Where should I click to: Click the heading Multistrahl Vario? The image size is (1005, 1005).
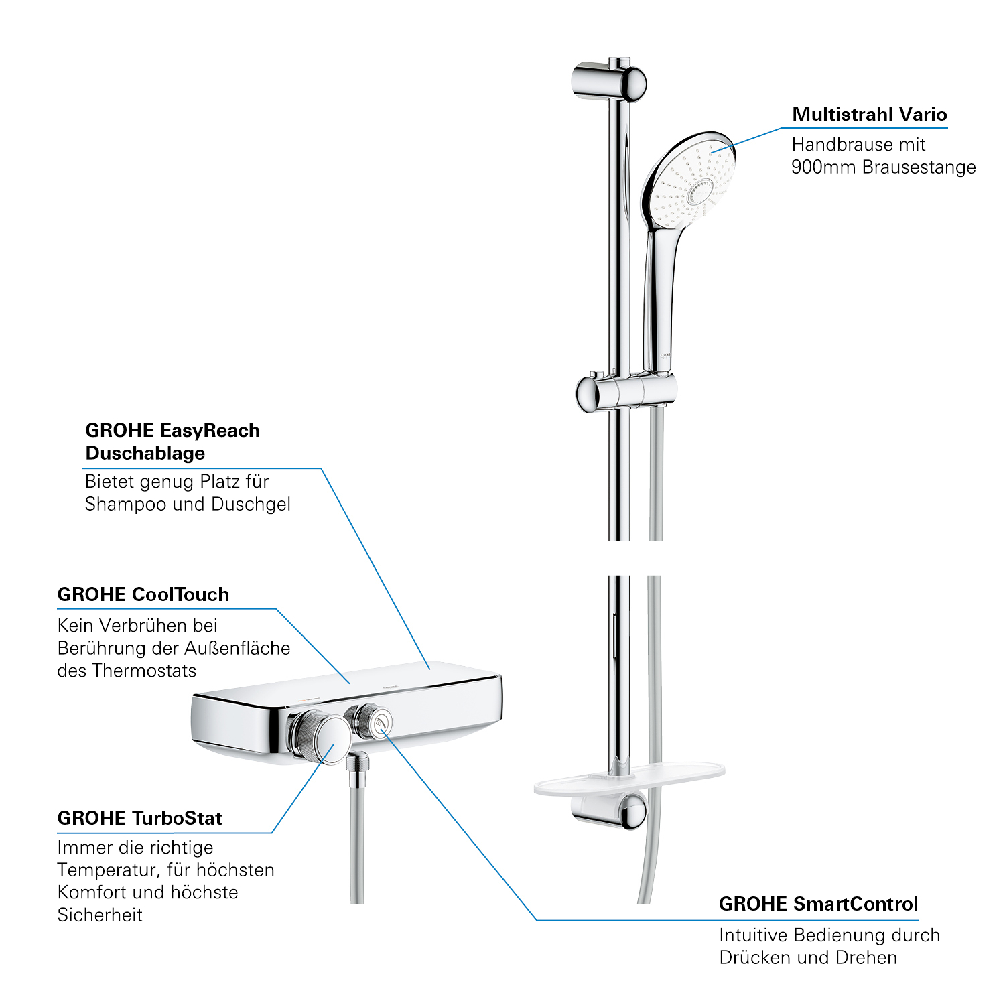point(869,115)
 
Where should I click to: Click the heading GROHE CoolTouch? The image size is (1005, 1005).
point(143,594)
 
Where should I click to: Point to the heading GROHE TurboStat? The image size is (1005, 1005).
point(140,818)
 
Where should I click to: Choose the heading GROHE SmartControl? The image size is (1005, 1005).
point(818,904)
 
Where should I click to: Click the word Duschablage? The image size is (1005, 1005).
point(145,453)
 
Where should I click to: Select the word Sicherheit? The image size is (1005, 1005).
point(100,915)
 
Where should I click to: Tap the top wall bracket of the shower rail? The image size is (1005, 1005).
point(608,82)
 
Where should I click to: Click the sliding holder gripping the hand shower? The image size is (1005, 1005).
point(626,392)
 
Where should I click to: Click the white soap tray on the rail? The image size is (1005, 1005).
point(629,780)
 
